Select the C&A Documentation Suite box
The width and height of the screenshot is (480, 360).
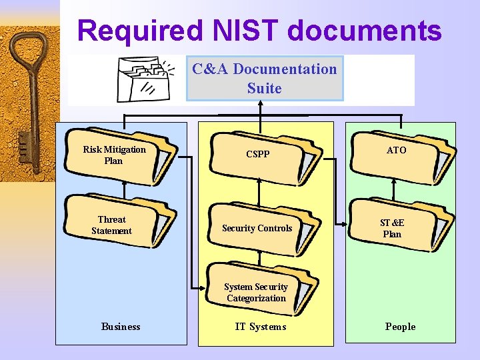[265, 79]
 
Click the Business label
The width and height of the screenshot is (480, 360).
[121, 327]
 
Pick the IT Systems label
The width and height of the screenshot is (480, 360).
[260, 327]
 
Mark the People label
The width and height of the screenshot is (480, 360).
[400, 327]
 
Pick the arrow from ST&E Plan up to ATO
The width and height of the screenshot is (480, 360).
[393, 189]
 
